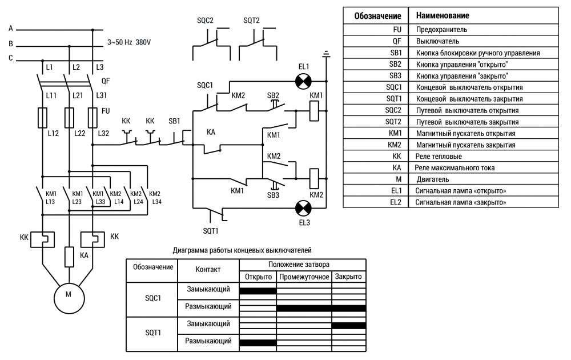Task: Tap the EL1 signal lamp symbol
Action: (303, 81)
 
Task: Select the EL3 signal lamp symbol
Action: (303, 209)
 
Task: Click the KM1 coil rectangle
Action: (314, 110)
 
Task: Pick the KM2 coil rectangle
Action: (314, 178)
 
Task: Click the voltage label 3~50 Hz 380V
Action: (129, 42)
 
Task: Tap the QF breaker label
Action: (105, 81)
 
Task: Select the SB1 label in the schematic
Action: (174, 121)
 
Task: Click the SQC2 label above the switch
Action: (205, 21)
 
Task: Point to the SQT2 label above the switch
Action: (251, 21)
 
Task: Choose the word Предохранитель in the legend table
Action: (441, 30)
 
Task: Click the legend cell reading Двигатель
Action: (433, 179)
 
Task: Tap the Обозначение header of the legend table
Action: (377, 16)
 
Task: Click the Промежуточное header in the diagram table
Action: (304, 277)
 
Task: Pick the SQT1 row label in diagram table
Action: (153, 333)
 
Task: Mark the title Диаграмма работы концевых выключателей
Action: (242, 250)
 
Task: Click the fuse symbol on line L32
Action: (93, 117)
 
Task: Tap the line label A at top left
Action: (10, 29)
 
